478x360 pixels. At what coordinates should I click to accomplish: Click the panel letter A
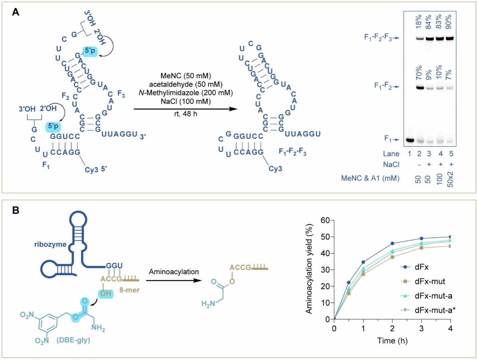(15, 12)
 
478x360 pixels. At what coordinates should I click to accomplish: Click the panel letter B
(15, 210)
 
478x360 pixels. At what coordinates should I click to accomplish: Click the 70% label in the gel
(419, 73)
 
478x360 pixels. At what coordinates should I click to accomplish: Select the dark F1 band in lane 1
(409, 140)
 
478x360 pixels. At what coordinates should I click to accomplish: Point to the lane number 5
(451, 154)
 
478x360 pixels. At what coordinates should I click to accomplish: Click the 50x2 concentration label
(450, 179)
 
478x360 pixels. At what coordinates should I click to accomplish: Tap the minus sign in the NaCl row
(419, 164)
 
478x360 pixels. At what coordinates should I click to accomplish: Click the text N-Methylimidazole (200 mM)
(186, 93)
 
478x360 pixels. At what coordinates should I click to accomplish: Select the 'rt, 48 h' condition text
(186, 114)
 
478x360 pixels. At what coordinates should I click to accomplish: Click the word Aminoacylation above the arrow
(174, 272)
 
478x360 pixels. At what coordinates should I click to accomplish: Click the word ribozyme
(50, 244)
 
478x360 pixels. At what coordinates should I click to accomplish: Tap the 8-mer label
(129, 290)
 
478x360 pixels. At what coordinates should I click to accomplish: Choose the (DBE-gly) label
(73, 340)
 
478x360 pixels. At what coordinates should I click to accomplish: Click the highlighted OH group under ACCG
(106, 293)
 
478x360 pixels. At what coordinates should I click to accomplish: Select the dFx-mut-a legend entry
(433, 296)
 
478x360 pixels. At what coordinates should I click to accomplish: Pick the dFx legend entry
(422, 267)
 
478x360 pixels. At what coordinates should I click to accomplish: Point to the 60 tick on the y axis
(325, 220)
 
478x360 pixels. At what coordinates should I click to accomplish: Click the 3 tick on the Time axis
(421, 329)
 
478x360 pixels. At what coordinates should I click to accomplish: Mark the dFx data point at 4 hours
(450, 237)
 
